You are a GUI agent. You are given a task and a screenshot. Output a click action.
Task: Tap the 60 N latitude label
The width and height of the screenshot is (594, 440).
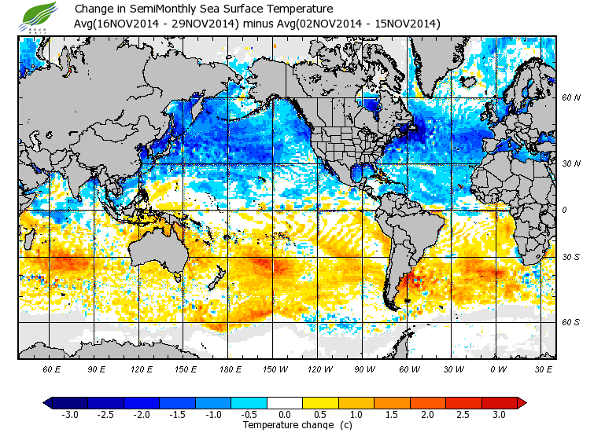(x=570, y=98)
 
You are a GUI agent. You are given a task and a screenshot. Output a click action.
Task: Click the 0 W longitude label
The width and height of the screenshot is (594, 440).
(x=498, y=369)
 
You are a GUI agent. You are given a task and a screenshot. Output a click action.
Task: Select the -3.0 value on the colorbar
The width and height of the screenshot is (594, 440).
(x=70, y=415)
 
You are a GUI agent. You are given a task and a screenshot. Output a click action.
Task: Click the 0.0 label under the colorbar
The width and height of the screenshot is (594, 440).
(x=285, y=415)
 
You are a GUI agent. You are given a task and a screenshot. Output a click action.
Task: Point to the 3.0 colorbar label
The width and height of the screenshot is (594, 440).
(x=499, y=415)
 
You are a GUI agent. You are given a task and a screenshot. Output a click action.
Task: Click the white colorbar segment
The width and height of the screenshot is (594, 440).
(x=285, y=403)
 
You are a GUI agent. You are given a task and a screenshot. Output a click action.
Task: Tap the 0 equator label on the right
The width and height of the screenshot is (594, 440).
(x=564, y=210)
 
